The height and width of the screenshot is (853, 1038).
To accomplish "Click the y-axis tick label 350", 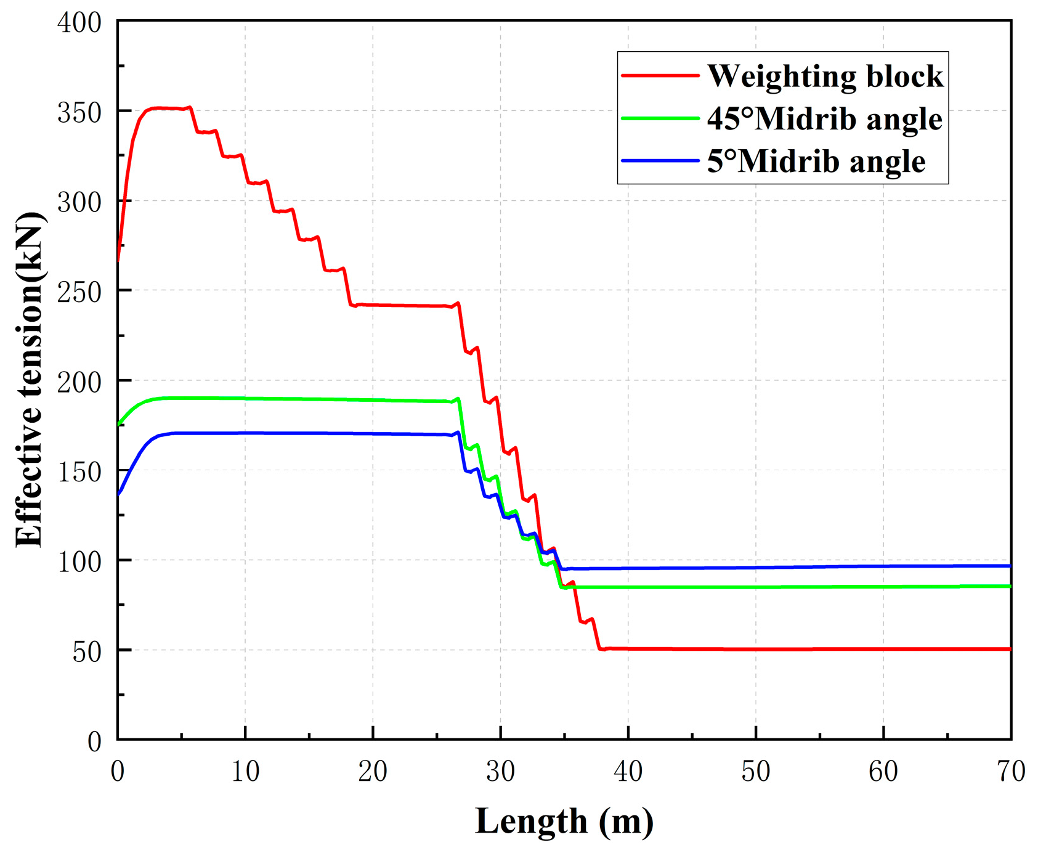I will (x=79, y=113).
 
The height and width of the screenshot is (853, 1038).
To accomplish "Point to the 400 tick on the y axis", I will (x=79, y=23).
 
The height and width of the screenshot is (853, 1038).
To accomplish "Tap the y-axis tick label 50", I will (x=86, y=652).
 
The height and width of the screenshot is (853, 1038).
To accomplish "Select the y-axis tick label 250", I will (x=79, y=292).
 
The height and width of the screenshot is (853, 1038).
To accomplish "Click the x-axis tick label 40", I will (x=628, y=772).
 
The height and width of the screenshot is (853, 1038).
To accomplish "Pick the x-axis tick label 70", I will (x=1010, y=772).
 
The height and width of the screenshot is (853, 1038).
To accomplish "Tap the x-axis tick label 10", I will (x=245, y=772).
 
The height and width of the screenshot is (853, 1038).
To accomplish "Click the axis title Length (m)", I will (x=564, y=822).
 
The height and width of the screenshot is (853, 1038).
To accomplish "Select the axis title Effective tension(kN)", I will (x=30, y=380).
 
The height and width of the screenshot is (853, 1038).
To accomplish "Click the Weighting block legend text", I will (x=825, y=76).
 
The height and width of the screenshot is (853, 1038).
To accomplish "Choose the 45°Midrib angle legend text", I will (x=824, y=119).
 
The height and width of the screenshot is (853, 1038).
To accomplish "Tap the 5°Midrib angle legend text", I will (x=816, y=161).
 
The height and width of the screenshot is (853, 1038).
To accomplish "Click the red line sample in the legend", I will (x=660, y=75).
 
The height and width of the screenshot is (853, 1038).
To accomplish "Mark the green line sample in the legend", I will (x=660, y=118).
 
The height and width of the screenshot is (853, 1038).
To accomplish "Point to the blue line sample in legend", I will (x=660, y=160).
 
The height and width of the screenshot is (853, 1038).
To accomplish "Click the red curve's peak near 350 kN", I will (x=158, y=108).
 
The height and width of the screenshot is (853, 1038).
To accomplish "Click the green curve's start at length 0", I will (x=118, y=425).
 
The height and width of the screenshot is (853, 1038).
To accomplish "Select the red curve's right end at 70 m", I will (x=1010, y=649).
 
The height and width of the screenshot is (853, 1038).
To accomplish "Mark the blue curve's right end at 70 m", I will (x=1010, y=566).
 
